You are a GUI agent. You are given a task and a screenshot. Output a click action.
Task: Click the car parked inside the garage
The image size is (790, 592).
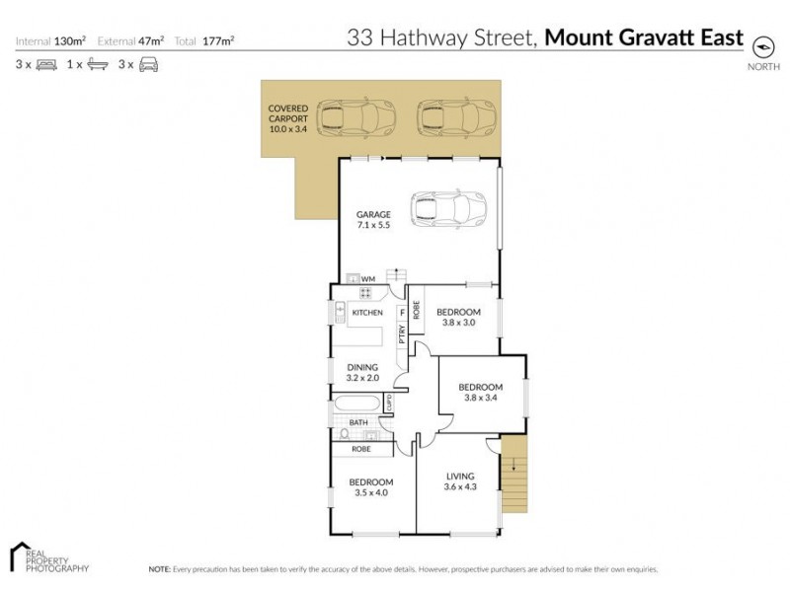tap(448, 208)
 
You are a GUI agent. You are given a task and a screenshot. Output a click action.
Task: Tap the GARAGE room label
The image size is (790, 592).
tap(374, 220)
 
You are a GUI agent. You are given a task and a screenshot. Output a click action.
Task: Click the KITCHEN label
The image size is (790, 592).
tap(367, 313)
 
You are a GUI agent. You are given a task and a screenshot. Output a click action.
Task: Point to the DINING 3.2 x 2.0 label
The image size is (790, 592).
tap(362, 372)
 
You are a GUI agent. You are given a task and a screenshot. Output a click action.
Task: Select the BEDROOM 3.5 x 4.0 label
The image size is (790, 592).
tap(371, 486)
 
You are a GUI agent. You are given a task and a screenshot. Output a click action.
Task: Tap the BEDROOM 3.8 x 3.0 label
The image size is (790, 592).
tap(457, 317)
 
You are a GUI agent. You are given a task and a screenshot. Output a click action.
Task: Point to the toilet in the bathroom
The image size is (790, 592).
tap(344, 433)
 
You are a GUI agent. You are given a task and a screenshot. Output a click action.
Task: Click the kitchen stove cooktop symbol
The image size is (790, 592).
tap(366, 292)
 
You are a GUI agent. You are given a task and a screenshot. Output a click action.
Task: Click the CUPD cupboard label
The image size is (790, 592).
tap(389, 403)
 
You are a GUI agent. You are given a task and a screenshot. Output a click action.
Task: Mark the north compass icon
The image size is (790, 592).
tap(762, 45)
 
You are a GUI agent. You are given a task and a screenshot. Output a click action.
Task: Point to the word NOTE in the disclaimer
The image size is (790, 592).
tap(159, 569)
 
